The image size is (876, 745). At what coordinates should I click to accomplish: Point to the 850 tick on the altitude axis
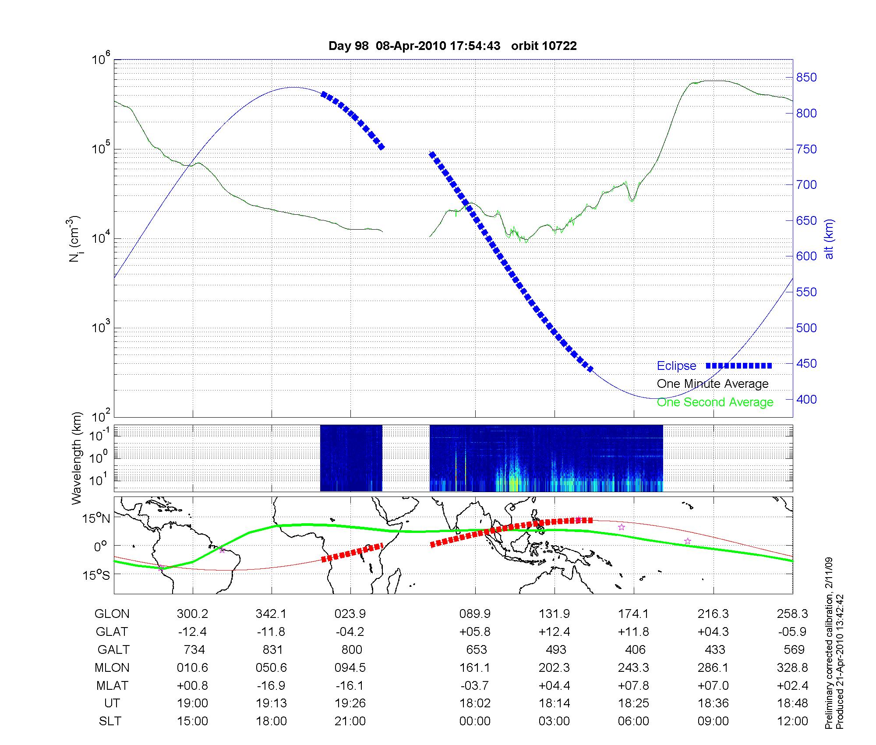coord(806,78)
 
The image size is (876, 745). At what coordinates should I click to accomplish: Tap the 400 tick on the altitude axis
coord(806,399)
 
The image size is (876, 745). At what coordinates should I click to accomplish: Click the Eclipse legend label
coord(676,365)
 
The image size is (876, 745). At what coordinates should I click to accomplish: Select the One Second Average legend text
coord(715,402)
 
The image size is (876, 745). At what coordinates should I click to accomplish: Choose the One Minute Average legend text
coord(713,384)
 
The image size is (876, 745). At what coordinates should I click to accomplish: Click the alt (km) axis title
coord(829,239)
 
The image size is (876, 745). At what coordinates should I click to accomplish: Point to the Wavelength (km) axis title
coord(77,458)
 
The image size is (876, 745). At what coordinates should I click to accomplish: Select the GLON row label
coord(112,614)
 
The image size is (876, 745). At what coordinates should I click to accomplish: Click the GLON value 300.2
coord(192,614)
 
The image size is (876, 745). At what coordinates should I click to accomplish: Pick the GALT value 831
coord(272,649)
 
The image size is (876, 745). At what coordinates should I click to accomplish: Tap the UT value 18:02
coord(475,703)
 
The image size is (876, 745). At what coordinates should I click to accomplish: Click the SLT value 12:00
coord(792,721)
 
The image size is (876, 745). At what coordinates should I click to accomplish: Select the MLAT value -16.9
coord(272,685)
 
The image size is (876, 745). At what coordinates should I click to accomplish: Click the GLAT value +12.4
coord(555,631)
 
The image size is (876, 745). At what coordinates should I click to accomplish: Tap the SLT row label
coord(110,721)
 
